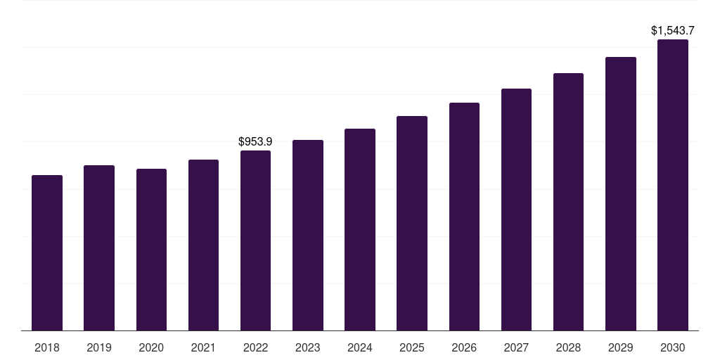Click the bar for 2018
pos(47,252)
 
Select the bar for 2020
pos(151,250)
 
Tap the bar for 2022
pos(255,240)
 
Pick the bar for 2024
pos(360,229)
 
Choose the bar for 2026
pos(464,217)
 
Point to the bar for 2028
pos(568,202)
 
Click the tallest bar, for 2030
pos(673,185)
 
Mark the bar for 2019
pos(99,247)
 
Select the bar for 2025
pos(412,223)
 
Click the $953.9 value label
pos(255,142)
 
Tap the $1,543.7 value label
pos(673,31)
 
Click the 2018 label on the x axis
pos(47,347)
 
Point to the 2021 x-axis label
pos(203,347)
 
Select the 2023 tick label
pos(308,347)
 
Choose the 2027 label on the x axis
pos(516,347)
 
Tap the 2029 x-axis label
pos(621,347)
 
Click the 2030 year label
pos(673,347)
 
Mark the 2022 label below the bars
pos(255,347)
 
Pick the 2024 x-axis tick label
pos(360,347)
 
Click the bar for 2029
pos(621,193)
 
